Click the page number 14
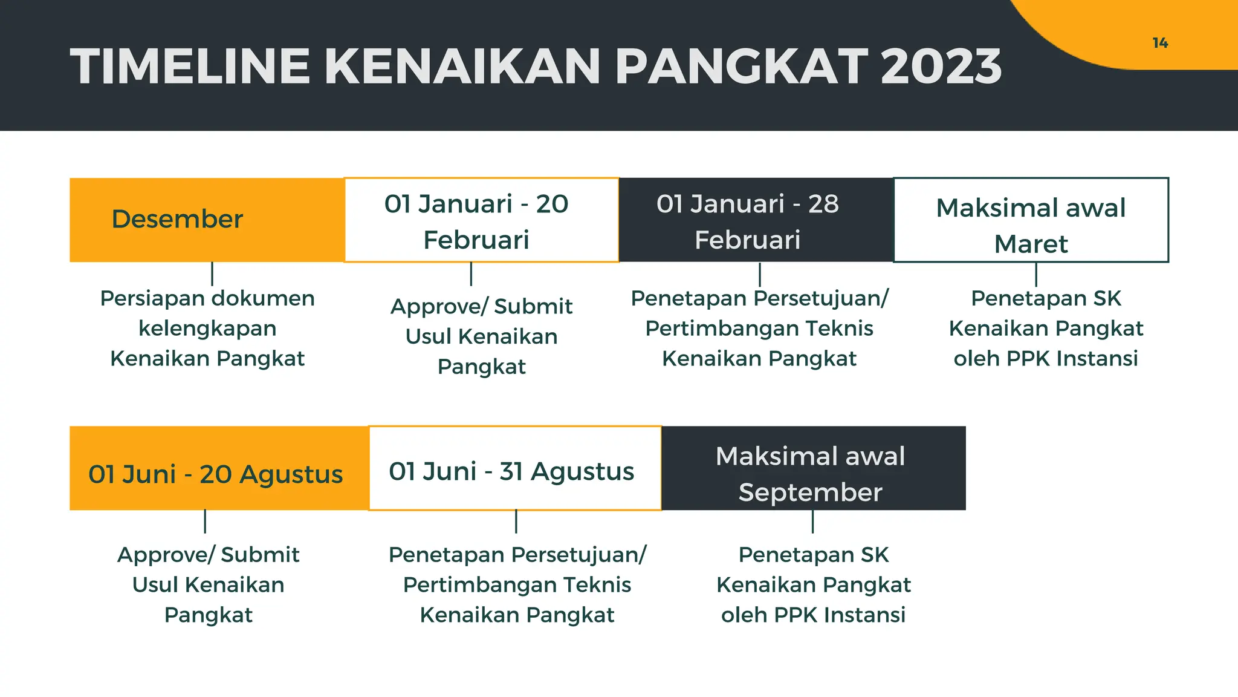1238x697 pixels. [x=1159, y=43]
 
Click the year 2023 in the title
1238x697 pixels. [x=941, y=67]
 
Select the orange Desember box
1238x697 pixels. [x=207, y=220]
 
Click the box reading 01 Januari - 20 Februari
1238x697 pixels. [x=481, y=220]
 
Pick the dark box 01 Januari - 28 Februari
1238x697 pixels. [x=756, y=220]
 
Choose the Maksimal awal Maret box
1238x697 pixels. [x=1031, y=220]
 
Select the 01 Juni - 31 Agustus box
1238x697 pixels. [x=514, y=468]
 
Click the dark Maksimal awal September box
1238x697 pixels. [x=813, y=468]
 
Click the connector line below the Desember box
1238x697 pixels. [x=212, y=273]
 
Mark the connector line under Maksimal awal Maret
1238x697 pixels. [x=1036, y=274]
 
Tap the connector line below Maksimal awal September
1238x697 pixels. [x=812, y=522]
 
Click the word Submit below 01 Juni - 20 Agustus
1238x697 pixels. [x=260, y=555]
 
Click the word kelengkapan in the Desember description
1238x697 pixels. [x=207, y=329]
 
